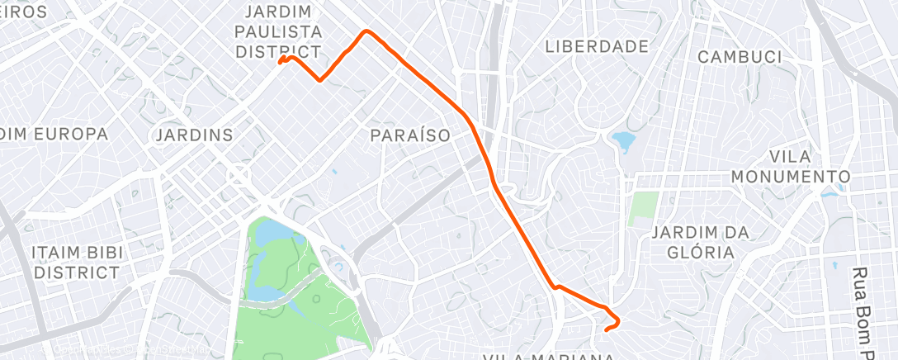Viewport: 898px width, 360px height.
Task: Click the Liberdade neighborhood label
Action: coord(597,47)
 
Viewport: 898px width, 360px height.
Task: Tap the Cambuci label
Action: coord(740,57)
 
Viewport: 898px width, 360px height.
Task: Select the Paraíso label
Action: coord(409,135)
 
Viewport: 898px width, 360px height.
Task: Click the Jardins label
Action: coord(194,135)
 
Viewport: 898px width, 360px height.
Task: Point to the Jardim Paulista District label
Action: coord(278,32)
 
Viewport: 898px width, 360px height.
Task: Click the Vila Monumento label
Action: coord(790,167)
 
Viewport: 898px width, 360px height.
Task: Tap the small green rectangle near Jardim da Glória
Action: coord(643,209)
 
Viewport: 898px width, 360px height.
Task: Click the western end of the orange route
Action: coord(281,62)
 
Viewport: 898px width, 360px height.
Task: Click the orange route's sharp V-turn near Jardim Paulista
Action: coord(320,80)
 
